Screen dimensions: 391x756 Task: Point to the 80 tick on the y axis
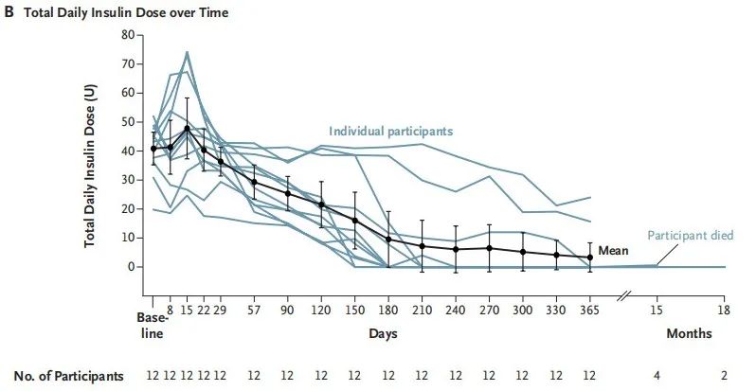click(x=129, y=35)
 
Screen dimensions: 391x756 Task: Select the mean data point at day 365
click(x=590, y=257)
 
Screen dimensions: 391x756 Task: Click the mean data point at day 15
click(x=188, y=128)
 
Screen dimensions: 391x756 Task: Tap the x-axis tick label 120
click(x=322, y=310)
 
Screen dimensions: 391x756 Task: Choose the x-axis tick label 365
click(x=590, y=310)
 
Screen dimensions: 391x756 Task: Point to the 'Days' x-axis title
click(x=382, y=334)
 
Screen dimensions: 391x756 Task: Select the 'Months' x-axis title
click(x=688, y=334)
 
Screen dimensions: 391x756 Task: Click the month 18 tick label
click(x=725, y=310)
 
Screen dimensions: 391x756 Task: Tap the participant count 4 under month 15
click(x=656, y=376)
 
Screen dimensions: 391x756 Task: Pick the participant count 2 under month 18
click(x=725, y=376)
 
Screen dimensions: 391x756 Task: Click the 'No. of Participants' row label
click(x=70, y=376)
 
